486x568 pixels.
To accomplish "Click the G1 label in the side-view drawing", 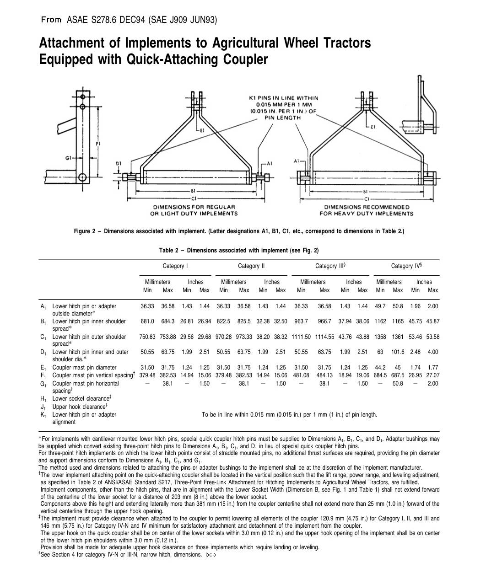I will coord(68,158).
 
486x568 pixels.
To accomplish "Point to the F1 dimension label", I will coord(98,144).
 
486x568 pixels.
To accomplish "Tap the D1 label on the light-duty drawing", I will coord(118,163).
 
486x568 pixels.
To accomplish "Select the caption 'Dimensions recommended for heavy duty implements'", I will coord(366,210).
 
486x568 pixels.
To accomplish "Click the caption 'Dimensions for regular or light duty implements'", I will coord(194,210).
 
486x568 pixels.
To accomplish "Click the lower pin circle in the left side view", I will coord(82,177).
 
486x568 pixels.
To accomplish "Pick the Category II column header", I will coord(251,266).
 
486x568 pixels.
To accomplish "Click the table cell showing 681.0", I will coord(147,322).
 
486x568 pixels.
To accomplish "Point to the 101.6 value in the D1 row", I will coord(398,352).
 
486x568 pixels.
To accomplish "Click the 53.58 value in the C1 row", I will coord(432,337).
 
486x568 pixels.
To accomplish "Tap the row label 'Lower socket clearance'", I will coord(81,399).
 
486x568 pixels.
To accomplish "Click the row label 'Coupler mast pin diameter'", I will coord(84,368).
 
